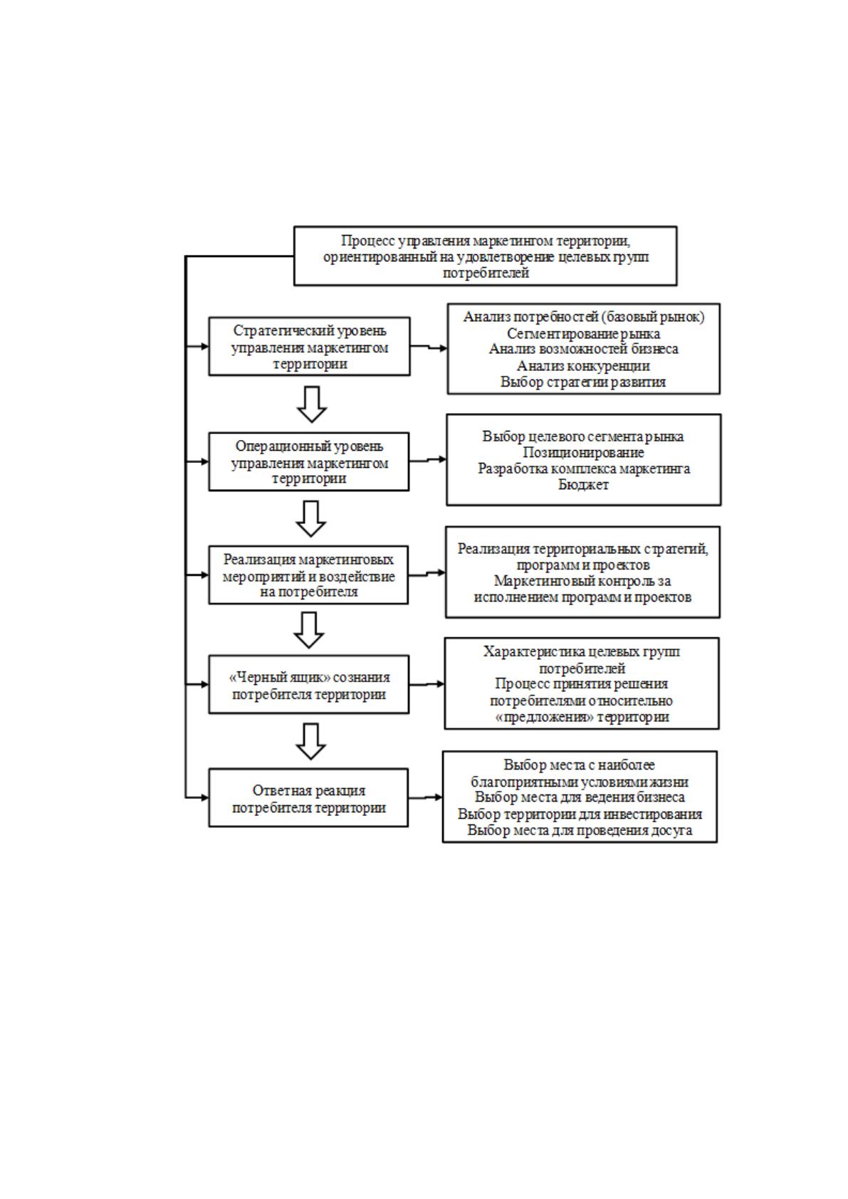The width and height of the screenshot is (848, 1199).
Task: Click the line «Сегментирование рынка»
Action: [584, 333]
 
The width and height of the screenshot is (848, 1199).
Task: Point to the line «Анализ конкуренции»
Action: [584, 365]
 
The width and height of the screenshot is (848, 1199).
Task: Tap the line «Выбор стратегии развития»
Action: [584, 382]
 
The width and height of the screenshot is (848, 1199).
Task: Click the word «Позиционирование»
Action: [584, 452]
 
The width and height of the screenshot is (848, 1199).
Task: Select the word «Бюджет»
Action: [584, 484]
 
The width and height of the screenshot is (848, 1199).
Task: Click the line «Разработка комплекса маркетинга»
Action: [584, 468]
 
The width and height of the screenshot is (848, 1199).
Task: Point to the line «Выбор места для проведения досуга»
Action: [580, 830]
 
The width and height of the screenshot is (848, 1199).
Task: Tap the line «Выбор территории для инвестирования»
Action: [580, 814]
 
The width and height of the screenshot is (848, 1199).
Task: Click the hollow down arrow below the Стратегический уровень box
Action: [312, 404]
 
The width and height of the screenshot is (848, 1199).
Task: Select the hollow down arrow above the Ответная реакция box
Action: [310, 741]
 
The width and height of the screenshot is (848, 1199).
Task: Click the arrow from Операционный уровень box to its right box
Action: [428, 461]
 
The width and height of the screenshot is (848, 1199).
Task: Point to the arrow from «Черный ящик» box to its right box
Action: [426, 684]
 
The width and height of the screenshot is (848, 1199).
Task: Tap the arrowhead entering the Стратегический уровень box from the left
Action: [204, 346]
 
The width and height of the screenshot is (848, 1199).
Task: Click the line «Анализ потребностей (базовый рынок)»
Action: [584, 317]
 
